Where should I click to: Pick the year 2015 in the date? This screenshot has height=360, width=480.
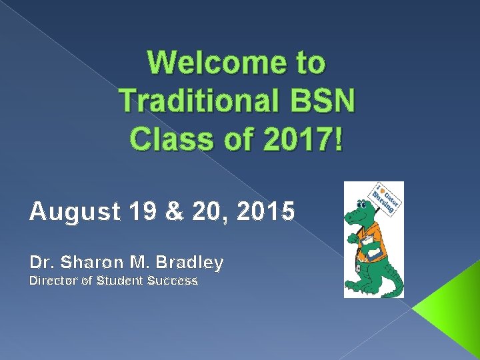click(x=265, y=212)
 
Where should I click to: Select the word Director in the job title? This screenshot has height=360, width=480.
click(x=53, y=281)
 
